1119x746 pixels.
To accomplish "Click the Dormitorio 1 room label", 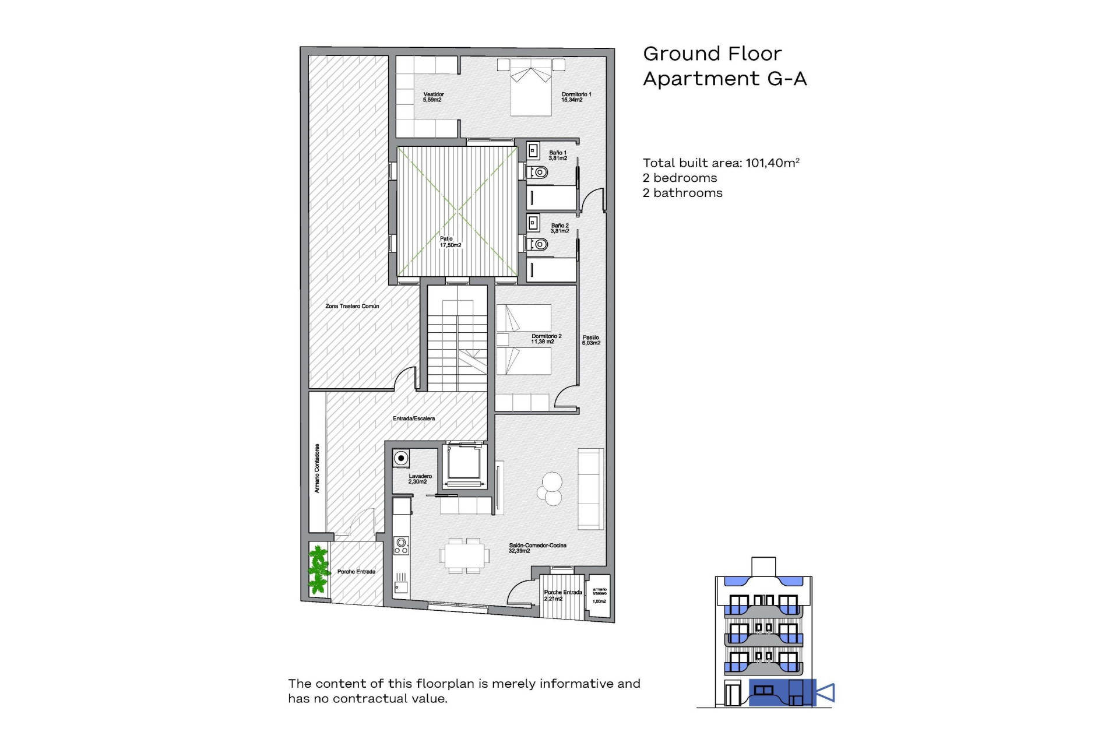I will [576, 97].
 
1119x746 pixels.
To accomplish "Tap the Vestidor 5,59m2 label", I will [433, 97].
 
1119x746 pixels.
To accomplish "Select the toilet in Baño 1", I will [539, 172].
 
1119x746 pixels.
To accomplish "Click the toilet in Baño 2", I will [539, 244].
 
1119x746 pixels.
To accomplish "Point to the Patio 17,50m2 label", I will [450, 242].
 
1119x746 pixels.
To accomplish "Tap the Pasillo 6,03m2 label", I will [590, 340].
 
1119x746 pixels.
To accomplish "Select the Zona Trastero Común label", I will [352, 306].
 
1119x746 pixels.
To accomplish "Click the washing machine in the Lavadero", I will [401, 458].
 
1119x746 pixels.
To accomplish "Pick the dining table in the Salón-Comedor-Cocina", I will [464, 555].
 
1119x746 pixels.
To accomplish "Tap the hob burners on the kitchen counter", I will [401, 546].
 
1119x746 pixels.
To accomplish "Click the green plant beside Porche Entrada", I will [318, 569].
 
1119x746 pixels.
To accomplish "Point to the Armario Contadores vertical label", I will [317, 468].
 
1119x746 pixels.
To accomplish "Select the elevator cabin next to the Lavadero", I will [464, 463].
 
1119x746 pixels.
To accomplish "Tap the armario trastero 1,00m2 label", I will [599, 595].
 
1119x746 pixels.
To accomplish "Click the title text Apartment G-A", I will [724, 79].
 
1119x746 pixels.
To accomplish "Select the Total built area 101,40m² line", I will [720, 163].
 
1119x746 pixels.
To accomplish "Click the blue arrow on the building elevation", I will [825, 693].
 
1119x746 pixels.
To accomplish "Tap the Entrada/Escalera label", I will [413, 418].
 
